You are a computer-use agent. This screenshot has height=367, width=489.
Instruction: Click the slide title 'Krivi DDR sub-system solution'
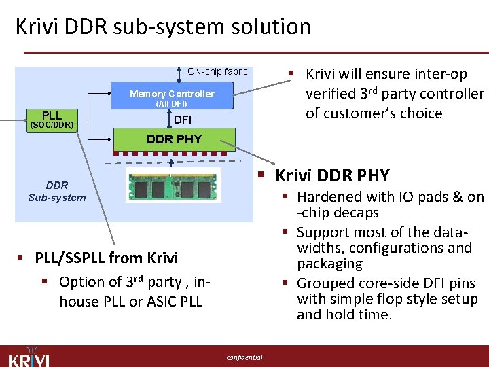pyautogui.click(x=163, y=27)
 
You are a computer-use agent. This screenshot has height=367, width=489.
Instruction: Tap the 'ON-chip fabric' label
pyautogui.click(x=217, y=71)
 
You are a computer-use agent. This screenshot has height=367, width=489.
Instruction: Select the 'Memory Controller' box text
pyautogui.click(x=172, y=94)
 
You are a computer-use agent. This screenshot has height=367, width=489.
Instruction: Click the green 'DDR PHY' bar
pyautogui.click(x=174, y=139)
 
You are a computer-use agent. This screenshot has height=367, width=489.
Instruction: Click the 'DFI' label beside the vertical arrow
pyautogui.click(x=183, y=120)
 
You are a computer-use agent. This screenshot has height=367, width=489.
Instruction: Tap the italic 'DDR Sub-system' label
pyautogui.click(x=57, y=192)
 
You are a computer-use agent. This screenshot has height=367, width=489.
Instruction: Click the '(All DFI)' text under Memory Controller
pyautogui.click(x=171, y=104)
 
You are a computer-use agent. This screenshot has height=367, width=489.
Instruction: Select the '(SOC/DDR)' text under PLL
pyautogui.click(x=51, y=126)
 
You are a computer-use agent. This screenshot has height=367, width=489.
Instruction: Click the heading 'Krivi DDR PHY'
pyautogui.click(x=332, y=175)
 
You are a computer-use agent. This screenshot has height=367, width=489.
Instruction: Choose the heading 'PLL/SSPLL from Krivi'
pyautogui.click(x=106, y=258)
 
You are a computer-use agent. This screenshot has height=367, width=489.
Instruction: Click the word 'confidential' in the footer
pyautogui.click(x=244, y=357)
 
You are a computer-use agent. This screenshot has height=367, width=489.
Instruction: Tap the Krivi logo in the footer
pyautogui.click(x=29, y=356)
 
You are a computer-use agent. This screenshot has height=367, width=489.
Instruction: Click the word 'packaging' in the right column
pyautogui.click(x=329, y=264)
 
